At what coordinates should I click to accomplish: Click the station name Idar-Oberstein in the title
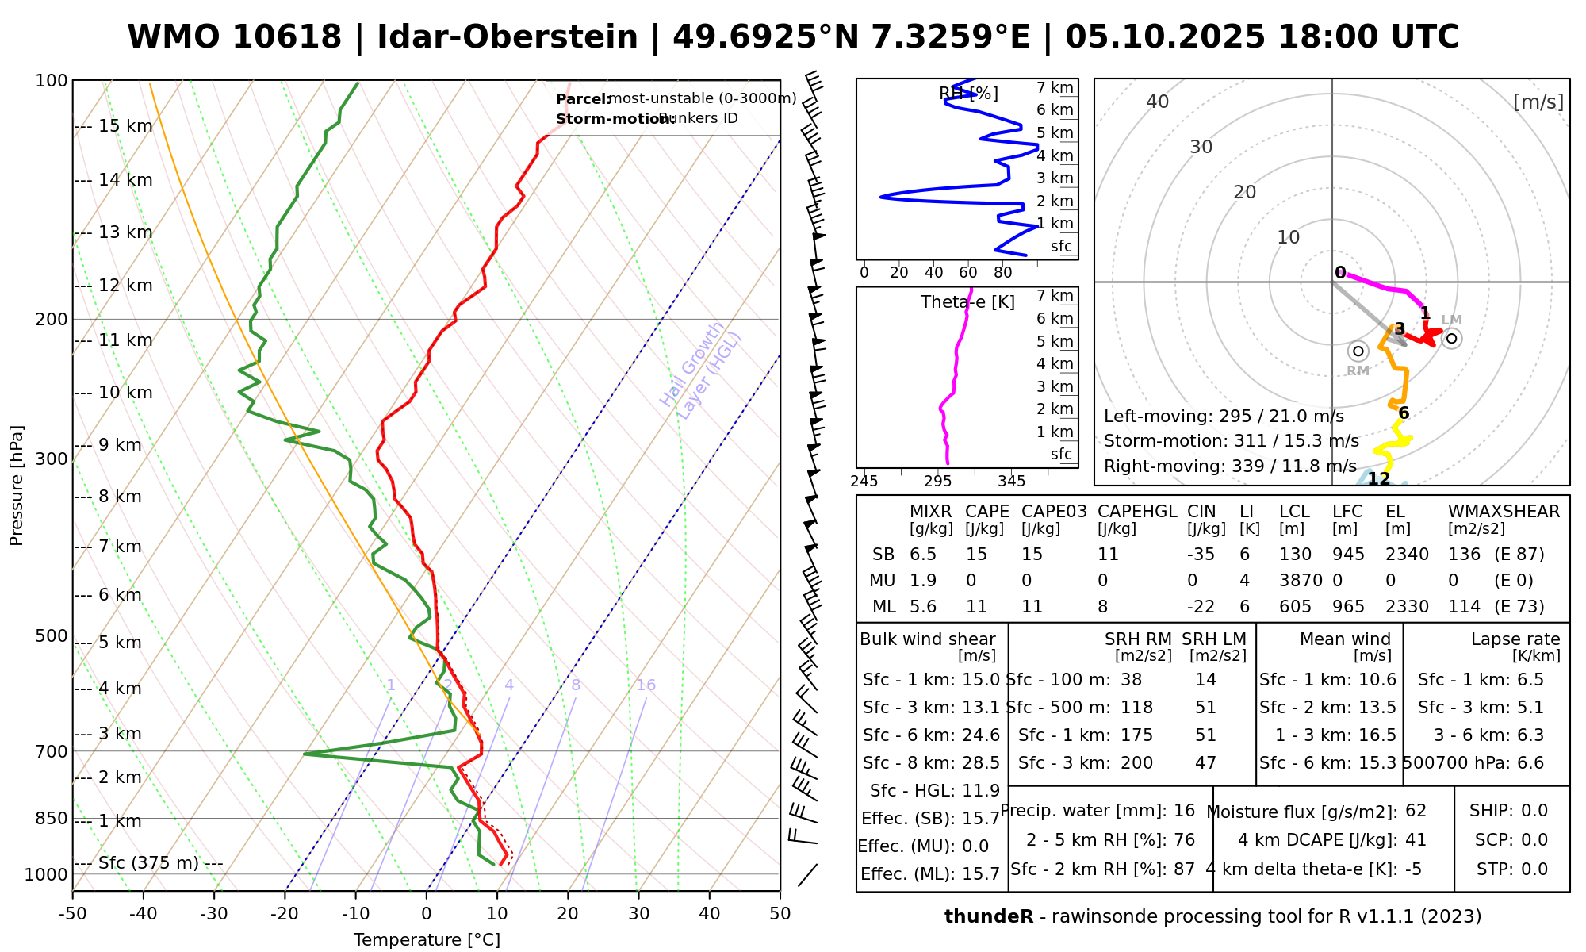click(508, 37)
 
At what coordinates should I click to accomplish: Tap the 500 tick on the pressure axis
click(52, 635)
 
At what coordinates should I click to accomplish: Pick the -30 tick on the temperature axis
click(214, 914)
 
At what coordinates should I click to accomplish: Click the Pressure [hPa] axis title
click(17, 486)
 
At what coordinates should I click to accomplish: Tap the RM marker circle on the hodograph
click(1358, 351)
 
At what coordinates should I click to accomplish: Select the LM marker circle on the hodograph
click(1451, 339)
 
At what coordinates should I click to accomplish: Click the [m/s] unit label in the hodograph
click(1538, 102)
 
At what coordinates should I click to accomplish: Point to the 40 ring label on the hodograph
click(1158, 102)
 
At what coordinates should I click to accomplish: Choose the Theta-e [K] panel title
click(967, 302)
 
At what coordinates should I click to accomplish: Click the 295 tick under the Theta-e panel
click(938, 481)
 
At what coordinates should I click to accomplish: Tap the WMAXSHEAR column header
click(1504, 512)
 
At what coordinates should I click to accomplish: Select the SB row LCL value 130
click(1295, 555)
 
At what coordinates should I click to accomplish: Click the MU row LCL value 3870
click(1301, 581)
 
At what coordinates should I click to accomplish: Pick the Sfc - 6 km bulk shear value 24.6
click(981, 735)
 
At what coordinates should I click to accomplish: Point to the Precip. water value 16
click(1184, 811)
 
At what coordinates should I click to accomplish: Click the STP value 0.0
click(1534, 869)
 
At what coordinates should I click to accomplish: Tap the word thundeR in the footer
click(989, 917)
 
